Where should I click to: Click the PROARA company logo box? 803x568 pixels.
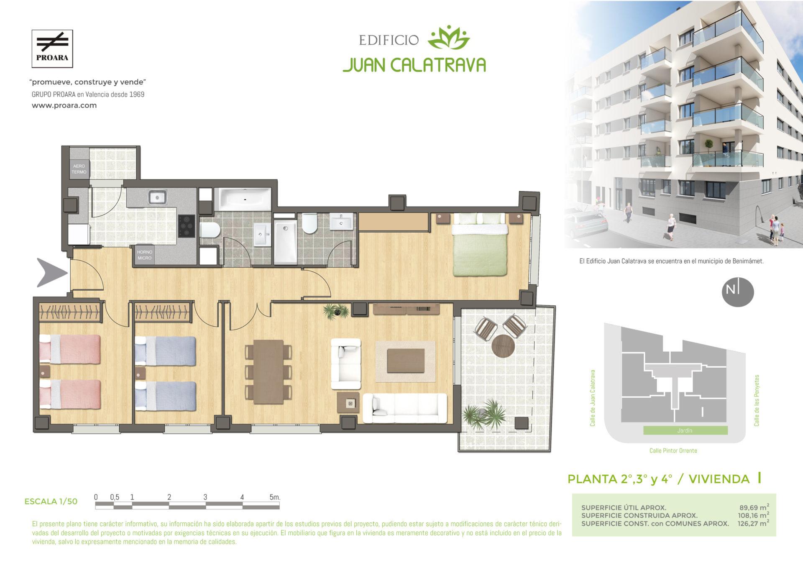53,49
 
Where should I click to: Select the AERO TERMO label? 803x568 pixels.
79,169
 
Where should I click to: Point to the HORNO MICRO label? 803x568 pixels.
145,255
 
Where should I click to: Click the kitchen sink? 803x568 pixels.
157,197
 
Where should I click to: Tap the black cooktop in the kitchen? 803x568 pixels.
187,226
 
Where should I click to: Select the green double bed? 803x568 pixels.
481,245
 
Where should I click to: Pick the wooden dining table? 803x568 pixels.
268,371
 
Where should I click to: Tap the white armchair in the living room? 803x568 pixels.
346,364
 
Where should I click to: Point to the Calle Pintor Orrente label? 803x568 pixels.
673,450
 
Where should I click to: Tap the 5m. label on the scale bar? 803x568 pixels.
275,497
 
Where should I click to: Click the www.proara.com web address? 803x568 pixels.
64,105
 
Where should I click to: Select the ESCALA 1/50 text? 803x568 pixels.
51,501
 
